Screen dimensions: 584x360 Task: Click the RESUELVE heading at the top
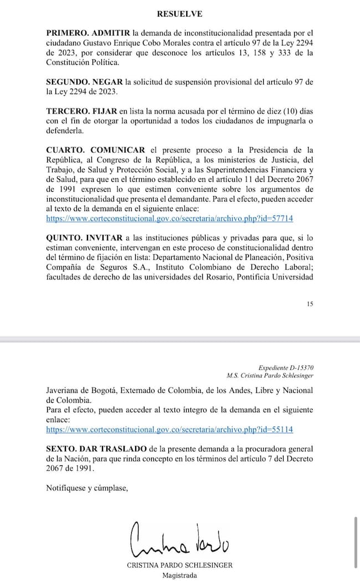[x=179, y=14]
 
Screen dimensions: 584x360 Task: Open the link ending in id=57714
[x=169, y=219]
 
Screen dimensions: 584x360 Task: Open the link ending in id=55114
[x=169, y=429]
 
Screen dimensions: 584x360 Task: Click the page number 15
[x=309, y=304]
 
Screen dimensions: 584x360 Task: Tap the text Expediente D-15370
[x=286, y=367]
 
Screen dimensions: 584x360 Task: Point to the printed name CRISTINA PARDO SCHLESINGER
[x=179, y=565]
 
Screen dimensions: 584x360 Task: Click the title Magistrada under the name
[x=179, y=575]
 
